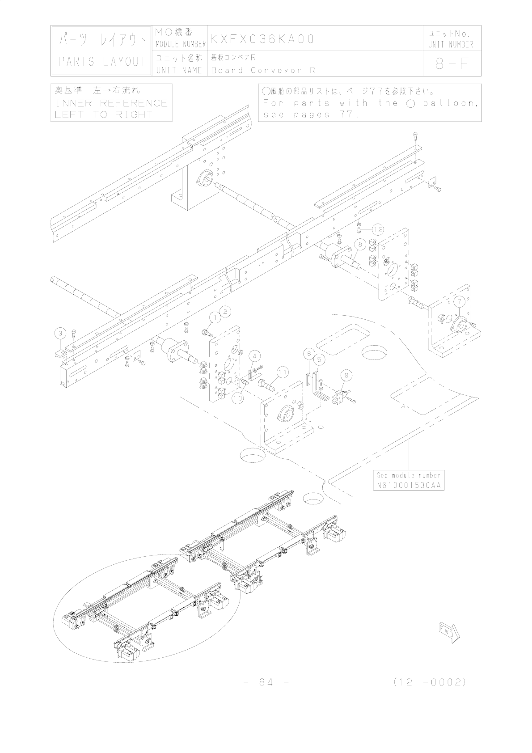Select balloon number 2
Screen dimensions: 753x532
pyautogui.click(x=225, y=311)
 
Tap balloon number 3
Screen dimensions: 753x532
pyautogui.click(x=61, y=333)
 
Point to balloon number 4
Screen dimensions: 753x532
pyautogui.click(x=254, y=356)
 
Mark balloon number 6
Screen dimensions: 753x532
pyautogui.click(x=308, y=353)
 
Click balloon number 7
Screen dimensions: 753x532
pyautogui.click(x=459, y=302)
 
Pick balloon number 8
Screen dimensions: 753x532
pyautogui.click(x=360, y=244)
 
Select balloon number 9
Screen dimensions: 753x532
pyautogui.click(x=346, y=374)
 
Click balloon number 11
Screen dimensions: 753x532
pyautogui.click(x=282, y=372)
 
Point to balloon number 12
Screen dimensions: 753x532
pyautogui.click(x=377, y=229)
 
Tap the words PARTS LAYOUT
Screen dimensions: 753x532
pyautogui.click(x=102, y=62)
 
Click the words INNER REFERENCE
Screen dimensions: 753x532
pyautogui.click(x=111, y=103)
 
